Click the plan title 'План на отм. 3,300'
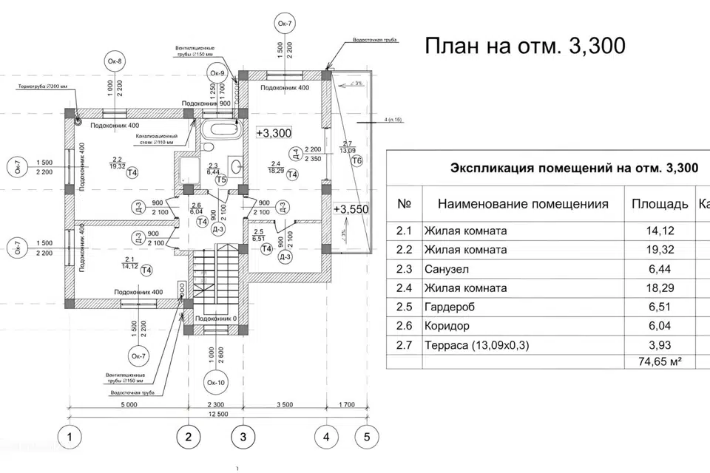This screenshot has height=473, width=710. [x=524, y=46]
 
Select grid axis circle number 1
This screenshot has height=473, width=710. [x=70, y=437]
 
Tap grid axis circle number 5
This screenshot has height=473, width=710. [x=365, y=437]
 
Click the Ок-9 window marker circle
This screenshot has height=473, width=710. [x=217, y=74]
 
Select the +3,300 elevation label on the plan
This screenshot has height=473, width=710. [x=274, y=133]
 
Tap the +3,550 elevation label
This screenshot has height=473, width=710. [x=351, y=209]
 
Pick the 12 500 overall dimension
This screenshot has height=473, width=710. [x=217, y=415]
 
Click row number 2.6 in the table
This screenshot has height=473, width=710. [x=404, y=325]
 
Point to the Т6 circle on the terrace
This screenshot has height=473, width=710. [x=357, y=161]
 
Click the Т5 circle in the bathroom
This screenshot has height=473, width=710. [x=220, y=180]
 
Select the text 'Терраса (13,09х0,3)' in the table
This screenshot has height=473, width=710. [x=478, y=344]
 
